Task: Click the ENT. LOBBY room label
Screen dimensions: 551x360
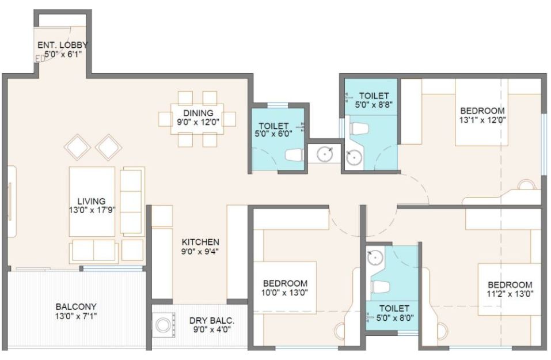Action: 63,45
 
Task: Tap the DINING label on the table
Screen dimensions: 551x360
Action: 198,113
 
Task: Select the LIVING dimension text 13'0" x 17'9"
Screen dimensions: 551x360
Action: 92,210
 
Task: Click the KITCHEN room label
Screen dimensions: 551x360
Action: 200,242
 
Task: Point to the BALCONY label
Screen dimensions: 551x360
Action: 76,306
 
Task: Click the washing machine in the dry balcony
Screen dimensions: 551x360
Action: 163,325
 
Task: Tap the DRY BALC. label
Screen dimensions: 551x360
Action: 212,321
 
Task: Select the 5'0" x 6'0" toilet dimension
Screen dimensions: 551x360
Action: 273,134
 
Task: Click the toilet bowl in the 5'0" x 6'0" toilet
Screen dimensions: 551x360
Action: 294,155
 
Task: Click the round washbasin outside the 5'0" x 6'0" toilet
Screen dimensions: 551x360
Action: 325,154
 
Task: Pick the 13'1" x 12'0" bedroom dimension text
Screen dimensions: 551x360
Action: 482,120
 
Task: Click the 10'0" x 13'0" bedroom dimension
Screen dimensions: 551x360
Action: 285,292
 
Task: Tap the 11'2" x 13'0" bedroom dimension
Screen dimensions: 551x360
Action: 510,293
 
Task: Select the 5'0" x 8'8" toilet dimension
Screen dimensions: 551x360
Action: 374,104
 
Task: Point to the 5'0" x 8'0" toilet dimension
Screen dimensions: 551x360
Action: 394,317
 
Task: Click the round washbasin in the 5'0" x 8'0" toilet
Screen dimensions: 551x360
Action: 375,257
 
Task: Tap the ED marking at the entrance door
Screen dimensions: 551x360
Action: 40,59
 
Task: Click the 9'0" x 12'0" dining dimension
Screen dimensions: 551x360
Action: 198,122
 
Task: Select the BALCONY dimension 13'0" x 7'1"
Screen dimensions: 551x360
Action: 76,316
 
